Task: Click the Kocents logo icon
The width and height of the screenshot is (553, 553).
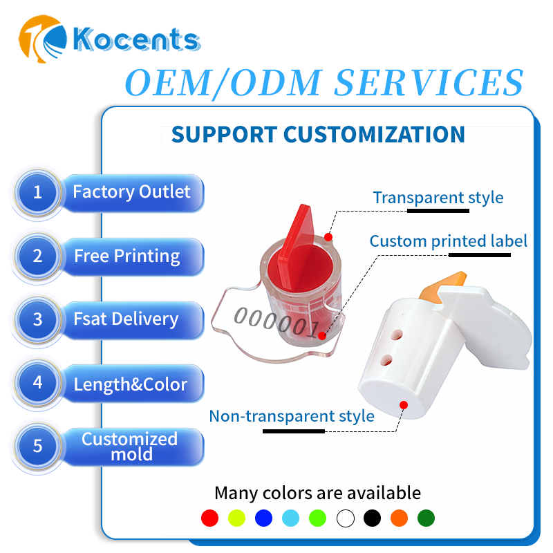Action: click(x=42, y=39)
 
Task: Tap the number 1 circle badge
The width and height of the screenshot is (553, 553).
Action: click(x=38, y=193)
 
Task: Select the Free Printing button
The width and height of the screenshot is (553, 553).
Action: click(x=133, y=256)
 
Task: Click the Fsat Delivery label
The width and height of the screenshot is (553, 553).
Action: click(x=126, y=319)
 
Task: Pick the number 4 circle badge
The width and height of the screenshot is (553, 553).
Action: click(x=38, y=383)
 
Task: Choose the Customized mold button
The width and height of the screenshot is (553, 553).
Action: click(x=133, y=447)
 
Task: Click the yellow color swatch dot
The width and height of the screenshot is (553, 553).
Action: click(x=236, y=518)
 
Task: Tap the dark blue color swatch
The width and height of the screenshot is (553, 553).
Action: click(x=263, y=518)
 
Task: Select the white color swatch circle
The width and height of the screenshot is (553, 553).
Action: click(x=345, y=518)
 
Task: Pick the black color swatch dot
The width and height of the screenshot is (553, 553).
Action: click(x=372, y=518)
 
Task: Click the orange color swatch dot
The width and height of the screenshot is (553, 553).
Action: click(x=400, y=518)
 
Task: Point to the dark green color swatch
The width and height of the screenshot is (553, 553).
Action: click(x=426, y=518)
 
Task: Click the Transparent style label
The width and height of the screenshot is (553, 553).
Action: click(x=438, y=198)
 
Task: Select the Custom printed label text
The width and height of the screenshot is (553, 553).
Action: click(x=448, y=241)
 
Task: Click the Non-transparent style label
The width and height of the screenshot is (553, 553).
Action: click(x=292, y=417)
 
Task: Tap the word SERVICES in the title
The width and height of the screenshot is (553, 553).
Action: click(x=429, y=82)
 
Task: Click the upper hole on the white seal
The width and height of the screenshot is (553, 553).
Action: click(x=396, y=335)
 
